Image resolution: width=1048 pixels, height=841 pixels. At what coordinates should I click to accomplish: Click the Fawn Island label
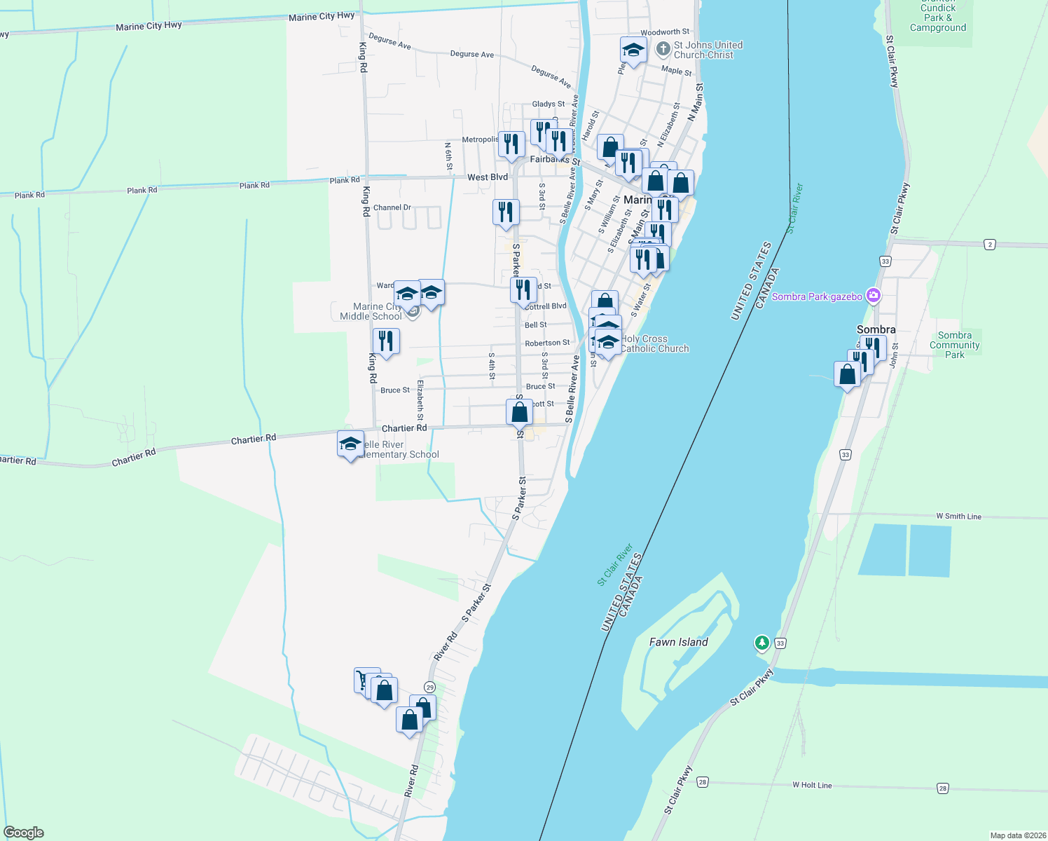pyautogui.click(x=678, y=642)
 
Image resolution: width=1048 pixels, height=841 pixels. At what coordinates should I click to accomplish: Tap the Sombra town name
pyautogui.click(x=876, y=329)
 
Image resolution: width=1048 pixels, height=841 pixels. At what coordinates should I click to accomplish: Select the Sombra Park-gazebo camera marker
pyautogui.click(x=873, y=296)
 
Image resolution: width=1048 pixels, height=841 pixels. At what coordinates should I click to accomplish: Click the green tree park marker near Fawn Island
pyautogui.click(x=761, y=642)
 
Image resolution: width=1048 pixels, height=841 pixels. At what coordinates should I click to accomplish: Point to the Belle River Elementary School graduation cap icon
pyautogui.click(x=350, y=444)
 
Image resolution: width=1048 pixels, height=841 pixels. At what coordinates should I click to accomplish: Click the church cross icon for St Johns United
pyautogui.click(x=663, y=49)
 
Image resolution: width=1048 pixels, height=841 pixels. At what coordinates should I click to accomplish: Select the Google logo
pyautogui.click(x=24, y=833)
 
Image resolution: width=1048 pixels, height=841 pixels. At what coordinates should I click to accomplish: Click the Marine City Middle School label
pyautogui.click(x=371, y=311)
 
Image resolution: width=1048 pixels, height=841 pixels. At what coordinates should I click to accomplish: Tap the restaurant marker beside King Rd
pyautogui.click(x=386, y=341)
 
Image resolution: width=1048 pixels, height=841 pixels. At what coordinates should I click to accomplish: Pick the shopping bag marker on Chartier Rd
pyautogui.click(x=520, y=412)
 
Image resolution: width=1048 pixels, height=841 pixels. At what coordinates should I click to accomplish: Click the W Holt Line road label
pyautogui.click(x=812, y=785)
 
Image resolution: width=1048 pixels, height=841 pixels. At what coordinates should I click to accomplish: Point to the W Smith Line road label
pyautogui.click(x=958, y=517)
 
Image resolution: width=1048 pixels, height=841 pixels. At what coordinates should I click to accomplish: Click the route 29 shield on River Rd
pyautogui.click(x=429, y=688)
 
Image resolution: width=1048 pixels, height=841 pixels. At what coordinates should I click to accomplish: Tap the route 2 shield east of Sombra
pyautogui.click(x=989, y=244)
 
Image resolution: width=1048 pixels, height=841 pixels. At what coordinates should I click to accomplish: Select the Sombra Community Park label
pyautogui.click(x=954, y=345)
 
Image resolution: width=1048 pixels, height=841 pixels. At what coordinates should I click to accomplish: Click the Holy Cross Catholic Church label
pyautogui.click(x=654, y=343)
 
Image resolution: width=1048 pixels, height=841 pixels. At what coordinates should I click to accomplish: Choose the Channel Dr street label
pyautogui.click(x=392, y=207)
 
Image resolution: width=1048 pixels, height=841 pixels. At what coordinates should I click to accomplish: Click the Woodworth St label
pyautogui.click(x=664, y=32)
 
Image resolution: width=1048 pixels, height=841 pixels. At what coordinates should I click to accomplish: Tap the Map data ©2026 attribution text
pyautogui.click(x=1017, y=835)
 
